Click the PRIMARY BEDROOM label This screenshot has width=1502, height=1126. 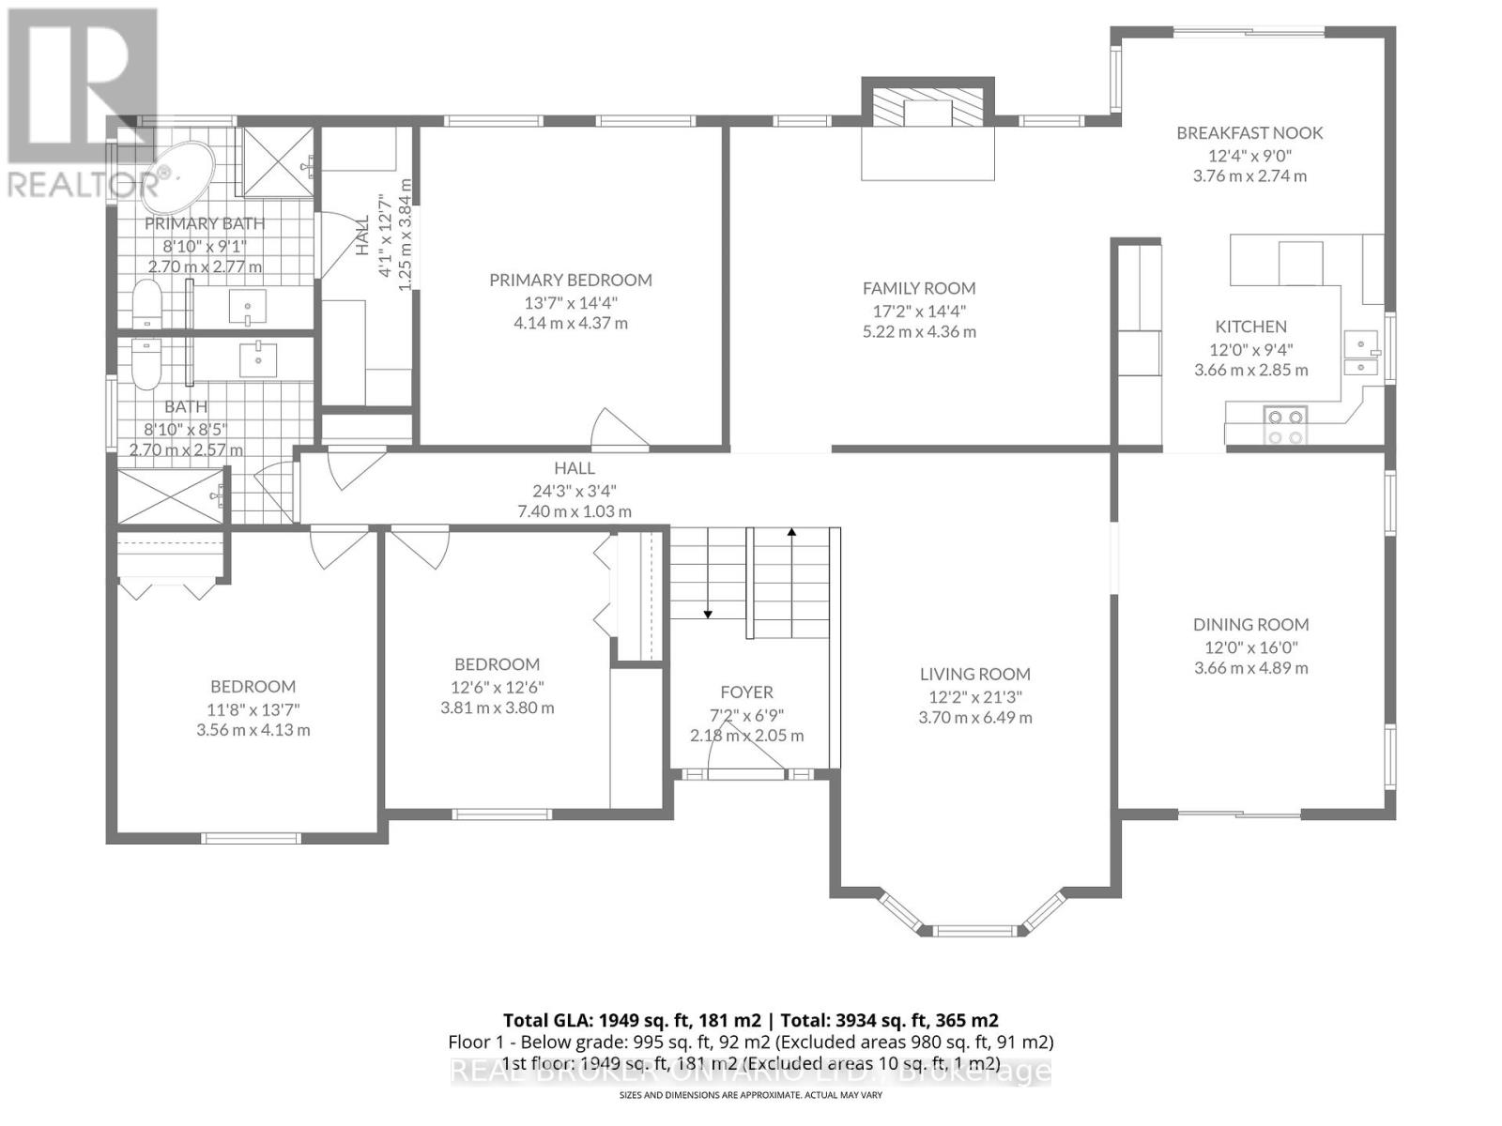pyautogui.click(x=571, y=280)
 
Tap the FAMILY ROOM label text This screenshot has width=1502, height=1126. pyautogui.click(x=919, y=288)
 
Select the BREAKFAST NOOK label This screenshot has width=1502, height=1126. pyautogui.click(x=1249, y=132)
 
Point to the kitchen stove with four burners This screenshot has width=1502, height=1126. pyautogui.click(x=1285, y=425)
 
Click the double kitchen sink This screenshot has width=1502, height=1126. pyautogui.click(x=1359, y=355)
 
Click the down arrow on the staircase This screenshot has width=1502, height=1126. pyautogui.click(x=708, y=613)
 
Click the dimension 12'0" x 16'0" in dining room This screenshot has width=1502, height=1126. pyautogui.click(x=1250, y=647)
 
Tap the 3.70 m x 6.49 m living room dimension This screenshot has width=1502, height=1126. pyautogui.click(x=974, y=718)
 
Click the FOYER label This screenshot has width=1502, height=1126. pyautogui.click(x=746, y=692)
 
